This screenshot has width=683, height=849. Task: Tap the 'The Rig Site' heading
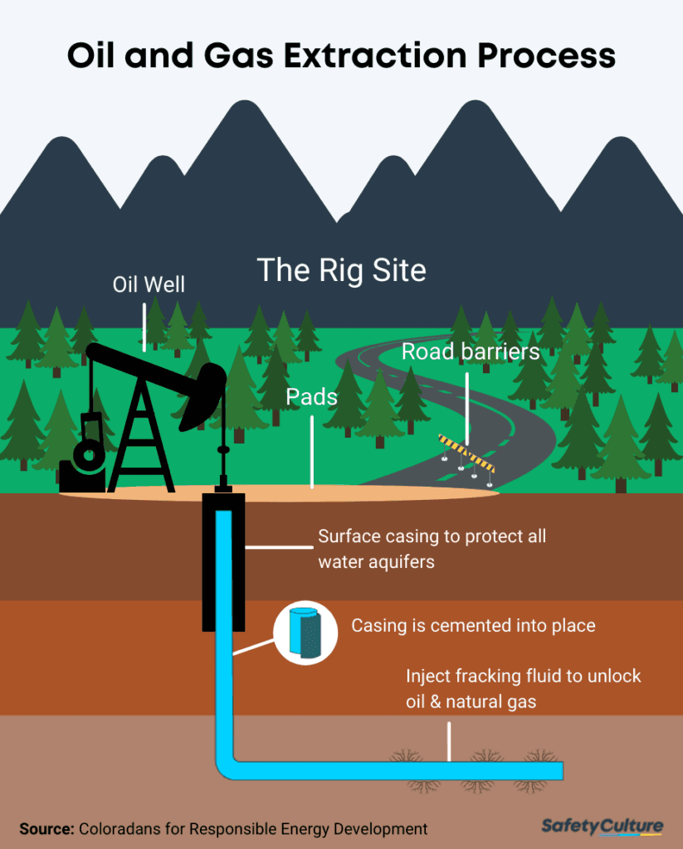(x=341, y=269)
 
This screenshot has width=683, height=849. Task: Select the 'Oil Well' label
(x=149, y=285)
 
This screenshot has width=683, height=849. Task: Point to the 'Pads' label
(x=312, y=396)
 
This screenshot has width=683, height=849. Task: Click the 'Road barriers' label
(x=471, y=352)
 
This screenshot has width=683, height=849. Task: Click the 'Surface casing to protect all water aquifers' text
(x=432, y=548)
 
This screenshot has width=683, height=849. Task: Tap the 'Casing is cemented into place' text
(x=473, y=625)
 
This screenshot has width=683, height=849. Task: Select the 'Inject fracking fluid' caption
(x=524, y=688)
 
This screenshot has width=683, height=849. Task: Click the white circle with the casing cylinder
(x=305, y=635)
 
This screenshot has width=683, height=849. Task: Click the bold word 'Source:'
(x=46, y=828)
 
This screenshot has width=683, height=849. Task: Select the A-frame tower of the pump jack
(x=142, y=439)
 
